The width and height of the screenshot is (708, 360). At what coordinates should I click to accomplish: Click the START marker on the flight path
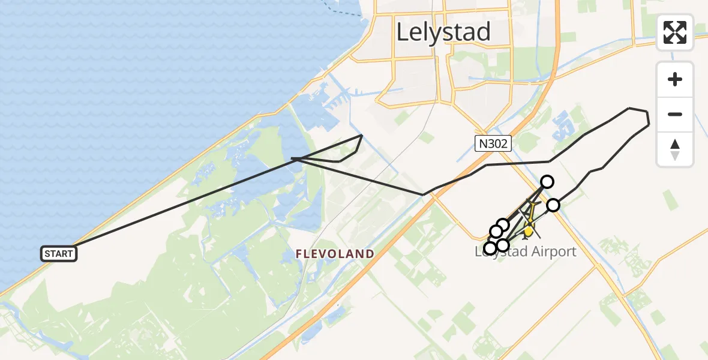point(58,254)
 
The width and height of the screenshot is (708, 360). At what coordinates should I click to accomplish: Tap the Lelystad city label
point(443,32)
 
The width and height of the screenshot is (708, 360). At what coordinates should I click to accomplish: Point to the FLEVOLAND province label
point(335,254)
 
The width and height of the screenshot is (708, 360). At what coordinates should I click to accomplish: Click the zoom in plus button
point(675,79)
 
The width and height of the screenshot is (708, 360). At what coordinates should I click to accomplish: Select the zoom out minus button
point(675,114)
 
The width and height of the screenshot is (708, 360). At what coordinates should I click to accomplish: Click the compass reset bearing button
point(675,149)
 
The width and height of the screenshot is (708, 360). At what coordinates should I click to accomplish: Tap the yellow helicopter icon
point(529,230)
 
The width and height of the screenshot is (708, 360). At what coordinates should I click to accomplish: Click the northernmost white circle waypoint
point(547,181)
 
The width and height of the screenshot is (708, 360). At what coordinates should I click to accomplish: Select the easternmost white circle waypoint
point(553,205)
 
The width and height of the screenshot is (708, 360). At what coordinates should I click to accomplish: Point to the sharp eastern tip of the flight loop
point(649,124)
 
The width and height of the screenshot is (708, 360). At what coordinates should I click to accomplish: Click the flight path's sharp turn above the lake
point(292,158)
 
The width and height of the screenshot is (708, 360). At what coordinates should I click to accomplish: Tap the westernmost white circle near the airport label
point(490,248)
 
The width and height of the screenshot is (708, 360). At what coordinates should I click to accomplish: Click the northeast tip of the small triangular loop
point(361,136)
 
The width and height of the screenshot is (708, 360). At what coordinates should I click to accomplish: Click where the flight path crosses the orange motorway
point(437,188)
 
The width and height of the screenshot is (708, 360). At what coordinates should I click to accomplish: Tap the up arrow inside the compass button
point(675,144)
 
